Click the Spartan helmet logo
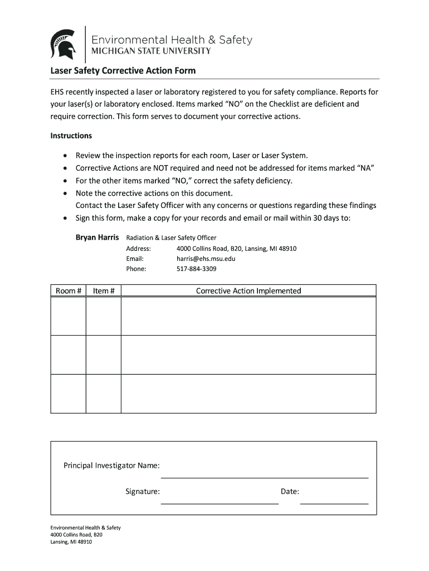[x=63, y=44]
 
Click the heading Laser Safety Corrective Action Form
[x=123, y=71]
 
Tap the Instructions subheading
[x=71, y=136]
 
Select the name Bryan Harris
[x=97, y=238]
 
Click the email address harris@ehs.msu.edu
[x=206, y=259]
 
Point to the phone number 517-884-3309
[x=197, y=269]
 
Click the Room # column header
[x=69, y=291]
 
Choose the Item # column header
[x=104, y=291]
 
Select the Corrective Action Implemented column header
[x=248, y=291]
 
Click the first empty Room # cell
[x=69, y=316]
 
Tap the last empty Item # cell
[x=104, y=394]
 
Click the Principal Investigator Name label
[x=111, y=466]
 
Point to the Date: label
[x=290, y=492]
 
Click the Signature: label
[x=143, y=492]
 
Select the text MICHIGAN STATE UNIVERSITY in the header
[x=151, y=51]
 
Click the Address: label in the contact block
[x=139, y=249]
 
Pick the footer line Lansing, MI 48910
[x=71, y=541]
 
